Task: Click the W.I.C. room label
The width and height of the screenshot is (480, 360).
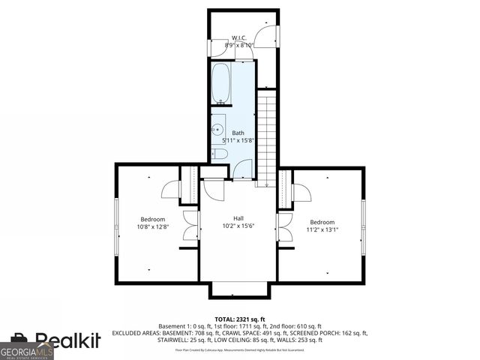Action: point(238,37)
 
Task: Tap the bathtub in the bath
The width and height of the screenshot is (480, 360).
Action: point(222,83)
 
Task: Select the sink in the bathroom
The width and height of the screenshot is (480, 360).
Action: point(218,130)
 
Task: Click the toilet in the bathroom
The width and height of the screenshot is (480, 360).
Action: point(220,154)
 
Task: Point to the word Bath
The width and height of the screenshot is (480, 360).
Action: point(238,132)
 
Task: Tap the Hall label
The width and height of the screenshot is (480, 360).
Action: point(238,218)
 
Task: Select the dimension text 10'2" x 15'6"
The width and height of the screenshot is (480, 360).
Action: point(238,226)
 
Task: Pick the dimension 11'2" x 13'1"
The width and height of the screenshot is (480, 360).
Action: point(323,229)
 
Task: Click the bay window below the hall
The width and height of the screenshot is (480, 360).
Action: point(238,290)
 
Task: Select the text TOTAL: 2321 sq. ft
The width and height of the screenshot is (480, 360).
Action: point(238,319)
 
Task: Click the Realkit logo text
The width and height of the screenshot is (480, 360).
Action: point(67,341)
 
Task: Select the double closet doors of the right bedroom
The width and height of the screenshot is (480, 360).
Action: point(285,226)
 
